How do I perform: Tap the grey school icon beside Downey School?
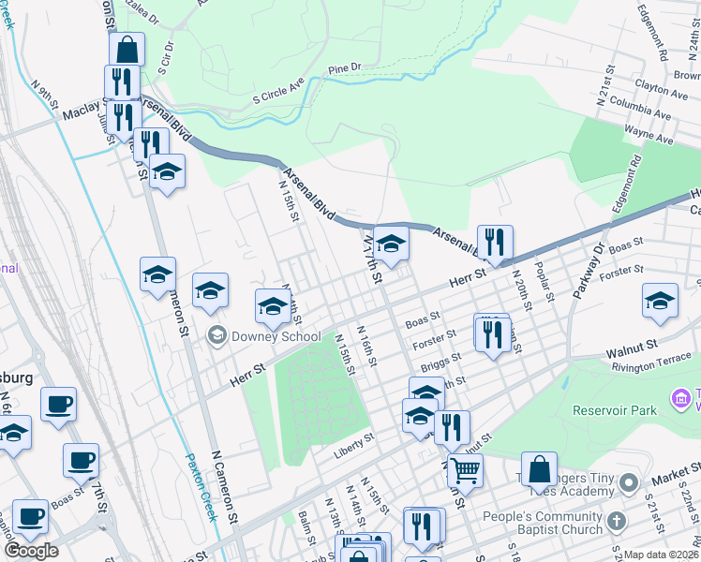point(216,334)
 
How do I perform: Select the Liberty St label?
point(355,445)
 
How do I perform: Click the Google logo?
point(31,551)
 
